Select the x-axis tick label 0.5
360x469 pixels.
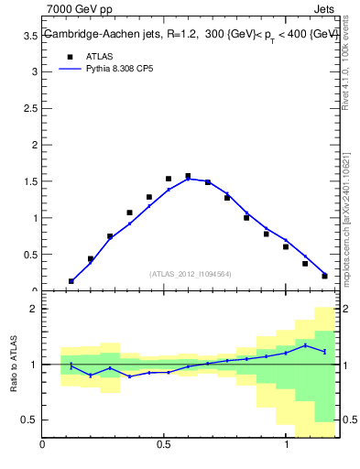pos(164,445)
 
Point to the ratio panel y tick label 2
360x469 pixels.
pos(34,310)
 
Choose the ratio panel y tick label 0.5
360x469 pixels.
pos(29,420)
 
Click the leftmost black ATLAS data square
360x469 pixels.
pos(71,281)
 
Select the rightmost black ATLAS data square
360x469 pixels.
pos(324,276)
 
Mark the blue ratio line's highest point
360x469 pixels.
pos(305,344)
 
